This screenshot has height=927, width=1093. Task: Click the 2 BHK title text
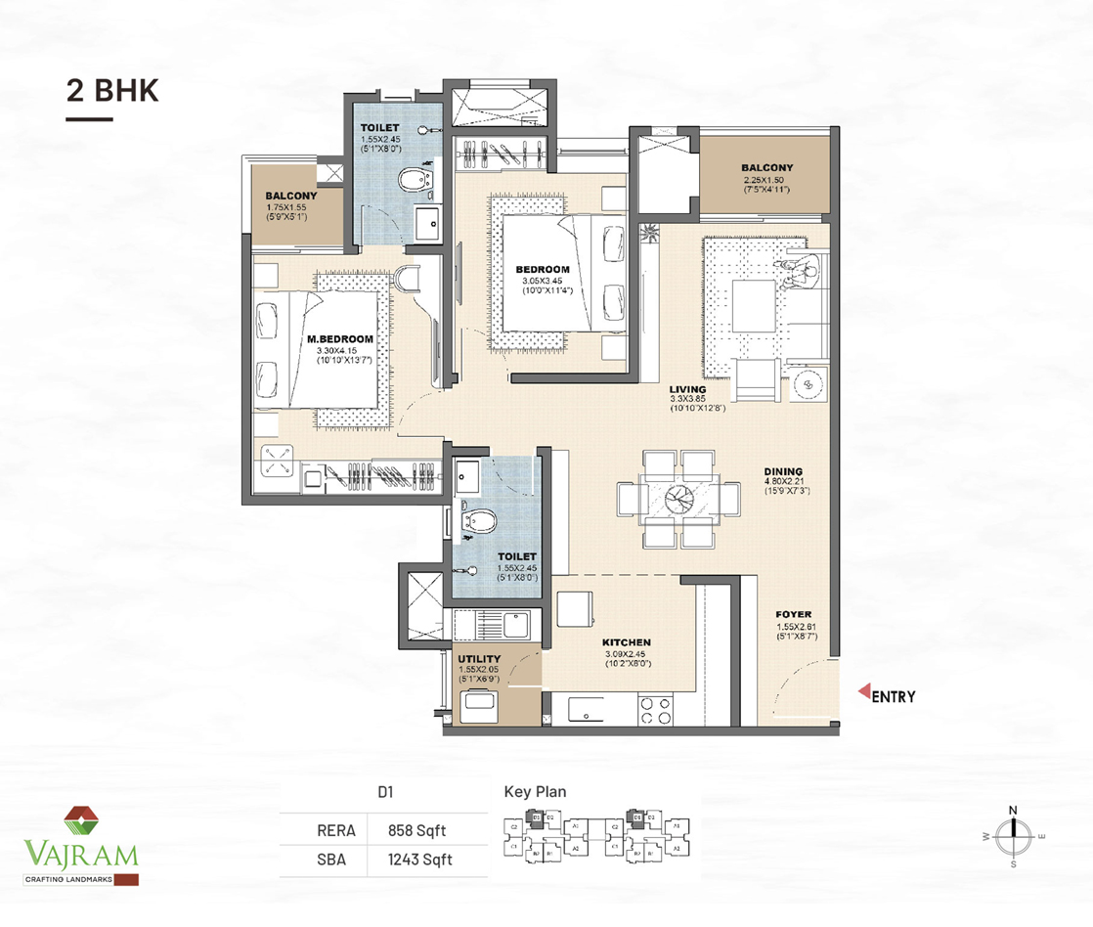[x=111, y=90]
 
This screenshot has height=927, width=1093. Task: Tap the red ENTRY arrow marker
[x=863, y=695]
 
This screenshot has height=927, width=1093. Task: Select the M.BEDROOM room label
[x=339, y=339]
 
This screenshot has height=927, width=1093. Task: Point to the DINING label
[x=784, y=471]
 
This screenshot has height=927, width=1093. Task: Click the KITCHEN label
[x=627, y=642]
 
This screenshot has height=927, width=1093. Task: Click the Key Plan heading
[x=535, y=792]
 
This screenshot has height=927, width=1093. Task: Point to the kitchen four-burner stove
[x=654, y=710]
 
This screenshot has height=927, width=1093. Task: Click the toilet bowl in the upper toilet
[x=415, y=180]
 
